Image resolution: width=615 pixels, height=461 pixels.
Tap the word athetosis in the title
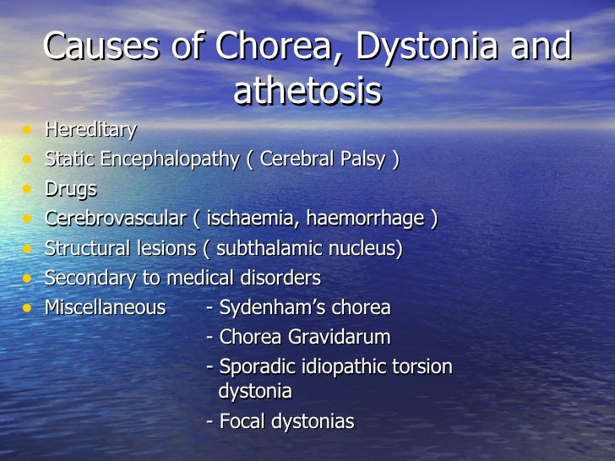pos(307,92)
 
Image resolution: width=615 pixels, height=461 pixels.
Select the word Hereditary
pos(90,130)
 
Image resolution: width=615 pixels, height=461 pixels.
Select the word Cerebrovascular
pos(114,220)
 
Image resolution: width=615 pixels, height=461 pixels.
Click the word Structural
pos(86,249)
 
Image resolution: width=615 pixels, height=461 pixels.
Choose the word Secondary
pos(86,279)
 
